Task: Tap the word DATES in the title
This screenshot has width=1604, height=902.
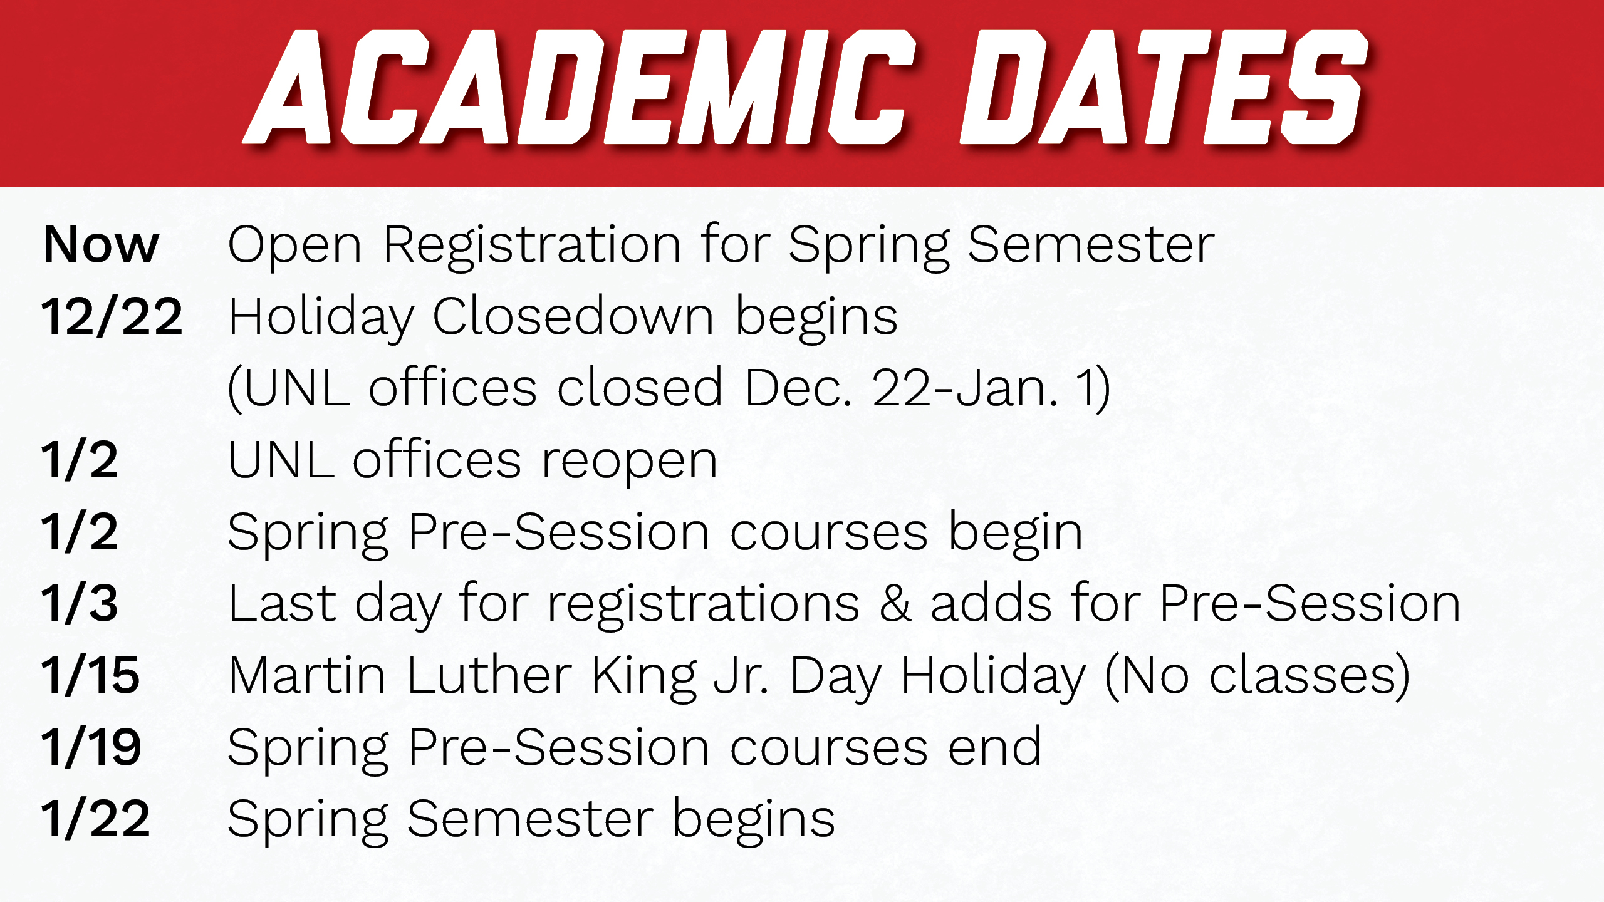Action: (1164, 87)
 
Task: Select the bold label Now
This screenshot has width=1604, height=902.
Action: (101, 245)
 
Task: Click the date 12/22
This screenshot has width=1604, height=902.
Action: (112, 316)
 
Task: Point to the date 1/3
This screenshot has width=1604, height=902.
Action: (80, 603)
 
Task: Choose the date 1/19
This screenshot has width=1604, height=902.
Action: (91, 747)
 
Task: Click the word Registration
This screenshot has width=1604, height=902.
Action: (532, 247)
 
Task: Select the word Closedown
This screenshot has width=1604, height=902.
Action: (573, 316)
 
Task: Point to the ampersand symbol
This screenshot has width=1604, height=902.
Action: (895, 603)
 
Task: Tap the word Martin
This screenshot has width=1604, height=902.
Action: (307, 675)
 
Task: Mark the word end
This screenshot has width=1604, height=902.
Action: (995, 747)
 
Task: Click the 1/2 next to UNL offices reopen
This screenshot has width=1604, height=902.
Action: (80, 460)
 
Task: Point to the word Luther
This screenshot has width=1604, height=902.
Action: (489, 675)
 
